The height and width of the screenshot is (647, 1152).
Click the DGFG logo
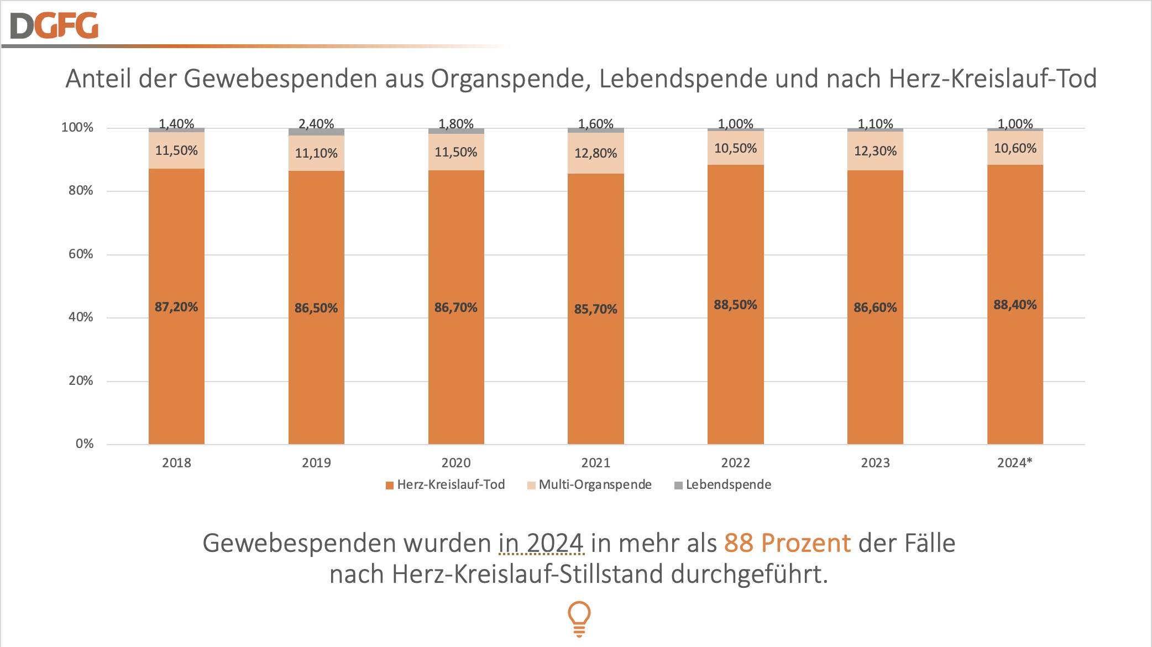[54, 25]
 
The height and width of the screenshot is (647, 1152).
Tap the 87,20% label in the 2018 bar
[176, 307]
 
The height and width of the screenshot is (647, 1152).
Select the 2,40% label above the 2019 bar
[316, 124]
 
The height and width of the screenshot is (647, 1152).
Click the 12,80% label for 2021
[595, 153]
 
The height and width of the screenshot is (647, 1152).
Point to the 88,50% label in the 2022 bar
[735, 305]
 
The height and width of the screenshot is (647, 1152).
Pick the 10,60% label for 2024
[1015, 148]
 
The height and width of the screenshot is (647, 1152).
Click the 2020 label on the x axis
[456, 463]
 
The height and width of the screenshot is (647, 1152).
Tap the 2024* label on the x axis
[1014, 463]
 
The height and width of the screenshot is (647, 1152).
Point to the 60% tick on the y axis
[81, 254]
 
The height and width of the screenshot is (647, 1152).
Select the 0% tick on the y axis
[85, 443]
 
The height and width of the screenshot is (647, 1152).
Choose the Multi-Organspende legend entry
[589, 485]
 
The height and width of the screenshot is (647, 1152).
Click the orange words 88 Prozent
[787, 543]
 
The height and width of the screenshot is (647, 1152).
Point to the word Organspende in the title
[507, 79]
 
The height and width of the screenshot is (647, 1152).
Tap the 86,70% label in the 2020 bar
[455, 307]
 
